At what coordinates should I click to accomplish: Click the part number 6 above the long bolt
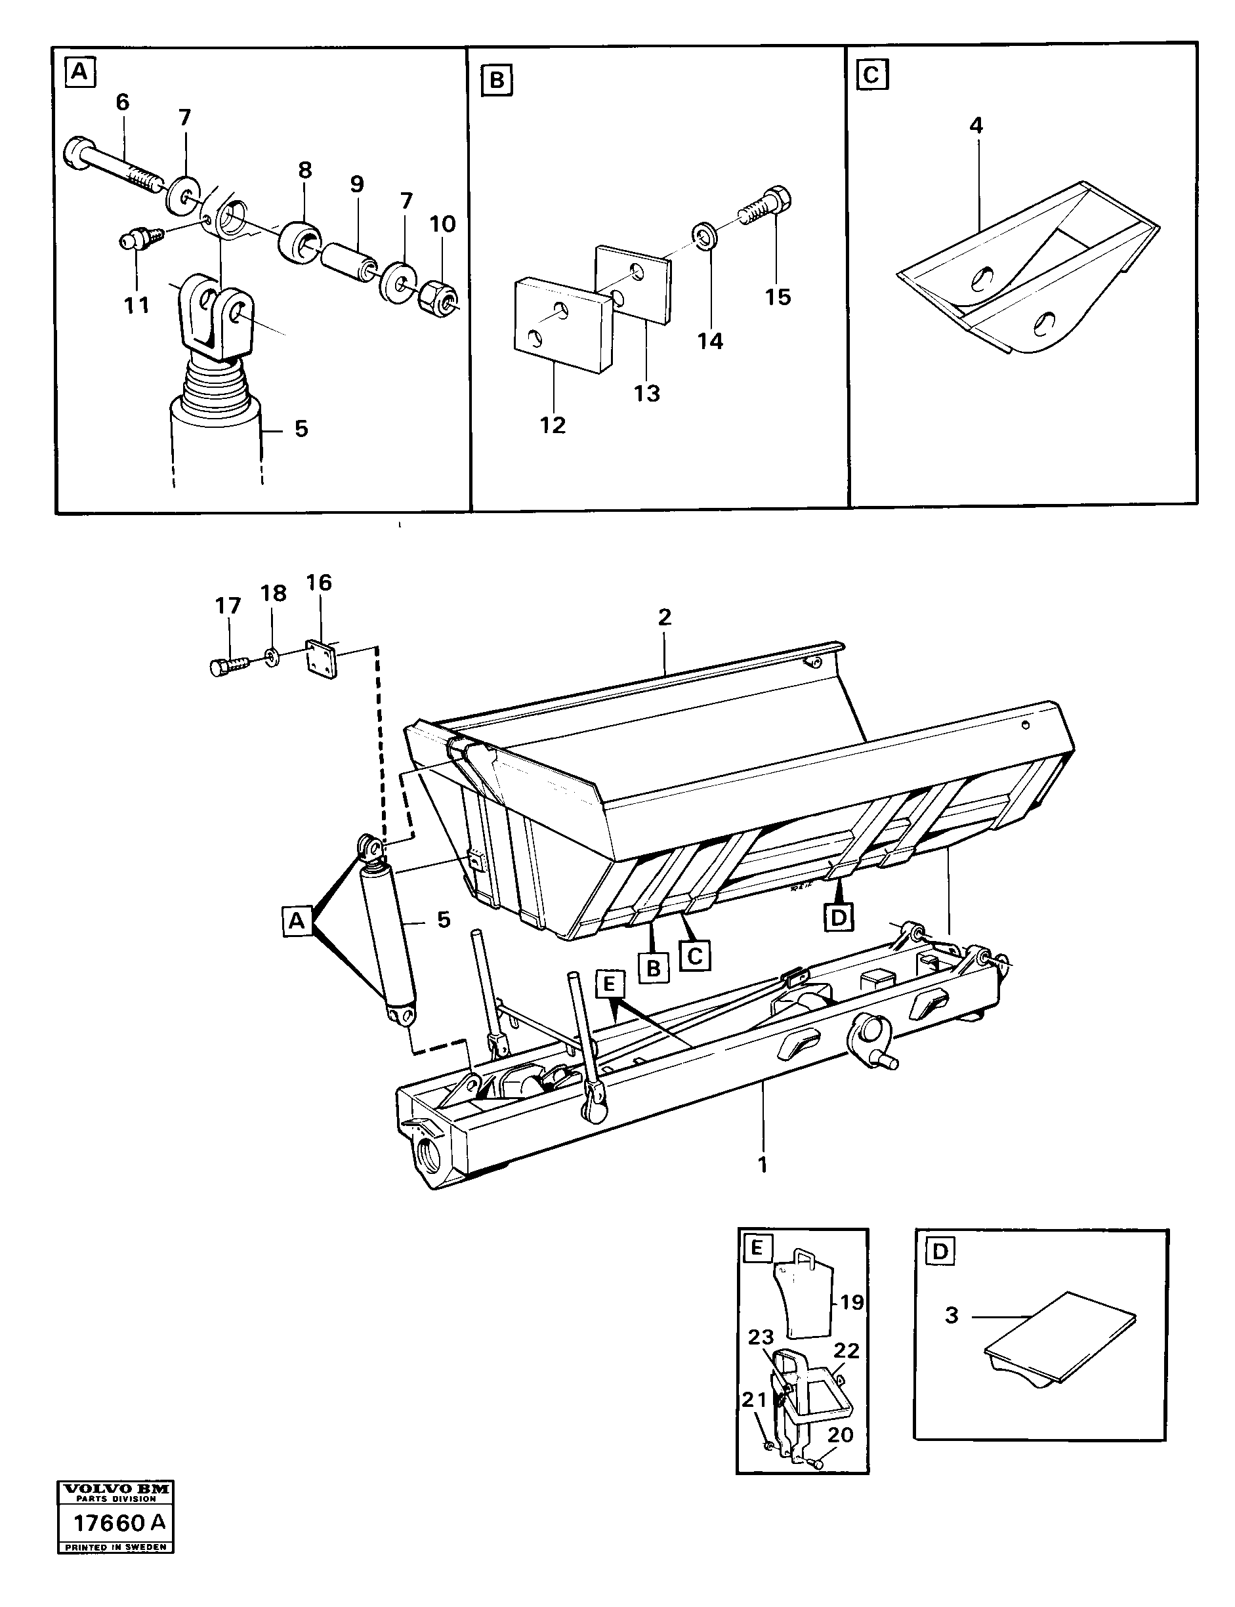pyautogui.click(x=123, y=102)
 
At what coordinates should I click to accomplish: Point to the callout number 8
pyautogui.click(x=304, y=171)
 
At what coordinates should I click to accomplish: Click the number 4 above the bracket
pyautogui.click(x=976, y=126)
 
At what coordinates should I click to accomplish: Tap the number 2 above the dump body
pyautogui.click(x=665, y=617)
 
